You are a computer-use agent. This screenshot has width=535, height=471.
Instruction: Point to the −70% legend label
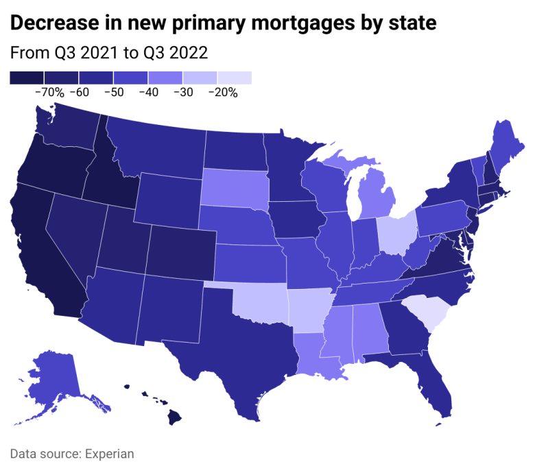pos(49,92)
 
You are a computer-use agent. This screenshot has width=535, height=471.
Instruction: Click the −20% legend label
pos(223,92)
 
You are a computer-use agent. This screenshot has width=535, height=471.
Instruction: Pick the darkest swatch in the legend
pos(27,78)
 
